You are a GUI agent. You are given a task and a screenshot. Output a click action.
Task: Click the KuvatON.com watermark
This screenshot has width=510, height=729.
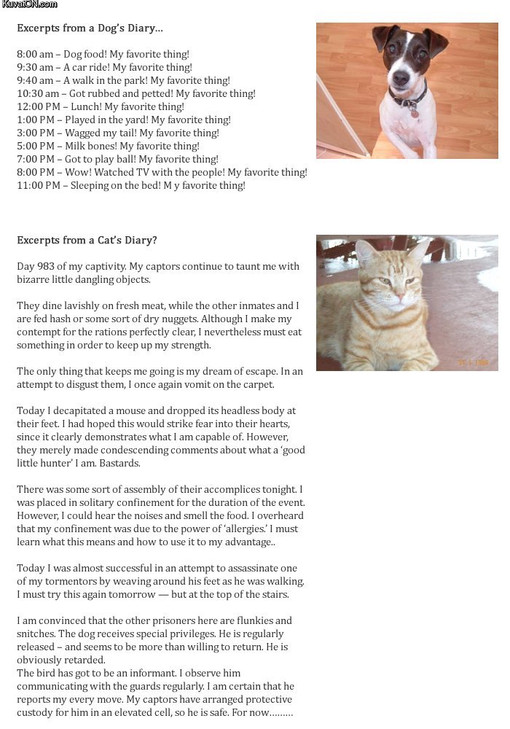pos(30,4)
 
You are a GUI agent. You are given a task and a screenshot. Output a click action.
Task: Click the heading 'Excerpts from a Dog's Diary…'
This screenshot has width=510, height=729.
pos(90,28)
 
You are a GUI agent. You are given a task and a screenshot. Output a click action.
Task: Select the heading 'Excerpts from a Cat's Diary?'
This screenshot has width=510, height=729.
pos(87,241)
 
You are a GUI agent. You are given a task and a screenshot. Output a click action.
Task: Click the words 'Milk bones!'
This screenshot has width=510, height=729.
pos(93,147)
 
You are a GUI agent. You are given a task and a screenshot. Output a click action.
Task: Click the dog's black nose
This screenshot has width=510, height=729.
pos(401,76)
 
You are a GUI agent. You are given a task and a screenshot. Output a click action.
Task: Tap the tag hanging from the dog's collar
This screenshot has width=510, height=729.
pos(414,112)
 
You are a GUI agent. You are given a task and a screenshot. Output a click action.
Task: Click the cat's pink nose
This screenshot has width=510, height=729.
pos(399,296)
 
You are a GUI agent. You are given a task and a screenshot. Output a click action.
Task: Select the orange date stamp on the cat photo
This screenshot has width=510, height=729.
pos(473,362)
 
